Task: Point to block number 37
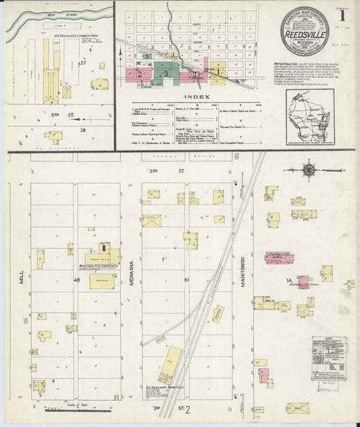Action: [x=83, y=63]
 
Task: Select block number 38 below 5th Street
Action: [x=83, y=129]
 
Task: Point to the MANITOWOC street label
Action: [x=243, y=277]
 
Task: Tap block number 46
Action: [x=76, y=279]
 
